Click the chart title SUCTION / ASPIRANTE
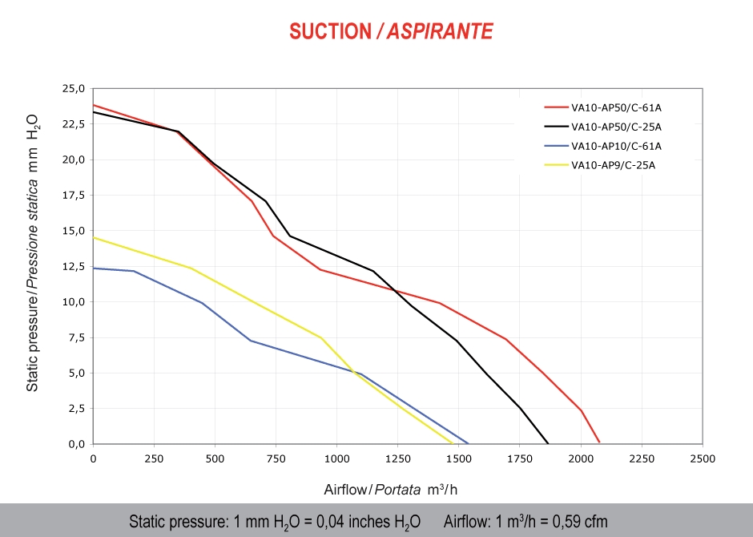[x=391, y=31]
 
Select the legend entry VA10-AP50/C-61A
[x=616, y=106]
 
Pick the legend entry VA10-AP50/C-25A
[x=616, y=126]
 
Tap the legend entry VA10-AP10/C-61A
[x=616, y=146]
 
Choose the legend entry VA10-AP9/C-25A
[x=614, y=166]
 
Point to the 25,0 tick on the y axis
[x=72, y=89]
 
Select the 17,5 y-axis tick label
[x=72, y=196]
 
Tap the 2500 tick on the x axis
[x=702, y=458]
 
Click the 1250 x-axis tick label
[x=397, y=458]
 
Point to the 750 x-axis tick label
[x=276, y=458]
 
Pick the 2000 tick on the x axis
[x=580, y=458]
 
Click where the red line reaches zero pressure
[x=599, y=442]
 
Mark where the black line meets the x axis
[x=548, y=443]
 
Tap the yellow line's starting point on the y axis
[x=94, y=237]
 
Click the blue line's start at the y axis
[x=94, y=268]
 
